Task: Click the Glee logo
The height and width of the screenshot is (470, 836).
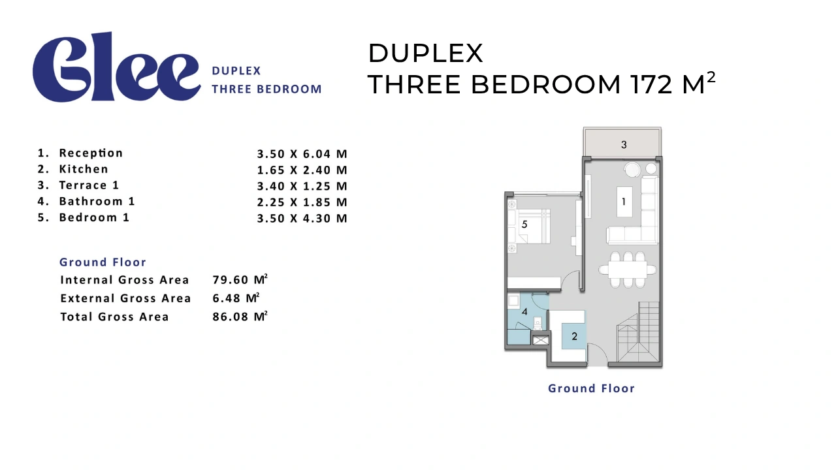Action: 116,67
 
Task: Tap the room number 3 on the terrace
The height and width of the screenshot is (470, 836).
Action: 624,145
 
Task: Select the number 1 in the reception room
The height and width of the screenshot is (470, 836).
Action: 623,202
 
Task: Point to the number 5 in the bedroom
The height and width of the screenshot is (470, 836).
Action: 524,224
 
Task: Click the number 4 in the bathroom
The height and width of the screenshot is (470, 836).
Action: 524,311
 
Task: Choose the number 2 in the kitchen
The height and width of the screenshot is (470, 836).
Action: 574,336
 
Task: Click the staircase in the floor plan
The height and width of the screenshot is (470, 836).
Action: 638,332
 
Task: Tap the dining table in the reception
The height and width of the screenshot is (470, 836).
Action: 628,270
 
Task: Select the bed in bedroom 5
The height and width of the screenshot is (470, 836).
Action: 529,227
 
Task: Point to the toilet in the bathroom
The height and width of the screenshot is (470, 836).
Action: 538,323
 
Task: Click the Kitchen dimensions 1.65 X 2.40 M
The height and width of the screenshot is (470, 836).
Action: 302,170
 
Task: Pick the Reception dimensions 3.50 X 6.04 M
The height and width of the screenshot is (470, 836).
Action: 302,154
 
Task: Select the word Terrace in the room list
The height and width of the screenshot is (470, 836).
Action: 83,185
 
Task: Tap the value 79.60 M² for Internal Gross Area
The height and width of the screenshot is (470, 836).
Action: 240,279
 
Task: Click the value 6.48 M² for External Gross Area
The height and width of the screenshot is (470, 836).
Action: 236,298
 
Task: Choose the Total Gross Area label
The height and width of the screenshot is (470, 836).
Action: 114,317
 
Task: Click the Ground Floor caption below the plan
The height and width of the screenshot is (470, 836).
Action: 591,388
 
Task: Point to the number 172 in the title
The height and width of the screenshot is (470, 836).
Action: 652,84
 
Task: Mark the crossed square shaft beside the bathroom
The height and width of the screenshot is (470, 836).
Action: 540,340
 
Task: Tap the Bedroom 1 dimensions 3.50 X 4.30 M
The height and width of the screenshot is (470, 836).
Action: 302,218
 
